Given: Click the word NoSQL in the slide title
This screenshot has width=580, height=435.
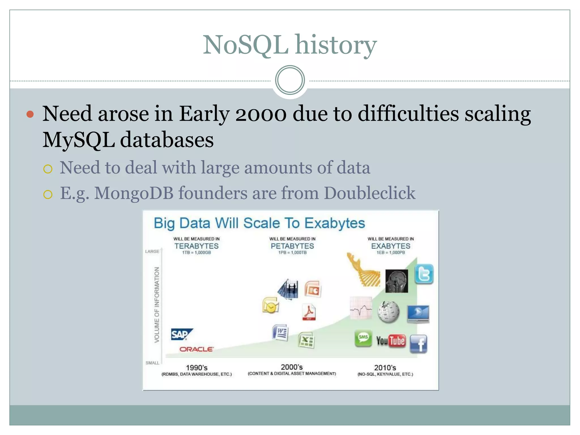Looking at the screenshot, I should click(x=246, y=45).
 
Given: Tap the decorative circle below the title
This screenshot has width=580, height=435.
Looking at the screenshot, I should click(x=290, y=80).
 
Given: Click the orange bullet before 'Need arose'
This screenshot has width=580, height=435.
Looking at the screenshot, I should click(x=30, y=114).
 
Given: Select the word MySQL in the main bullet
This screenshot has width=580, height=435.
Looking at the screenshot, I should click(x=78, y=140).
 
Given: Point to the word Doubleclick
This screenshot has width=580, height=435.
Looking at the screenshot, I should click(x=369, y=193).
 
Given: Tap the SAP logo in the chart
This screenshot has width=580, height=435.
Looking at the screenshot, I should click(x=181, y=334).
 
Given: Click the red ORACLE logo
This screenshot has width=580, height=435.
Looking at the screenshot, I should click(x=196, y=349).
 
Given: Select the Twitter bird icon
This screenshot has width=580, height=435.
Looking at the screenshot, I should click(x=424, y=274).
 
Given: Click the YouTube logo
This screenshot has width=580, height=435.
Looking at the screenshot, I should click(x=391, y=341).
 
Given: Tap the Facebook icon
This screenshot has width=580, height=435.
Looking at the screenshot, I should click(x=418, y=344).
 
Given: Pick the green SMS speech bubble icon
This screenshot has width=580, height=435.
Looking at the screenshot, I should click(x=363, y=338).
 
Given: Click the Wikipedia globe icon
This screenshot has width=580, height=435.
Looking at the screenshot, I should click(x=389, y=312).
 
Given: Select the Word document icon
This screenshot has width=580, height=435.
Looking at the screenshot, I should click(x=280, y=332).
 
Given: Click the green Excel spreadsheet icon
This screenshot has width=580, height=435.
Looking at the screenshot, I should click(x=306, y=340).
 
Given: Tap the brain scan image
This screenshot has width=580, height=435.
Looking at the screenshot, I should click(x=396, y=281).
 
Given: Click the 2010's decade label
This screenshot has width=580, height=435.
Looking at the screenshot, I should click(x=385, y=368).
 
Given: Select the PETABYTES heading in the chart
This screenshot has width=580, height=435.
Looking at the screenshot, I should click(x=292, y=246).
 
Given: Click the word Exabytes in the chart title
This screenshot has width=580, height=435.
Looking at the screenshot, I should click(x=335, y=223).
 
